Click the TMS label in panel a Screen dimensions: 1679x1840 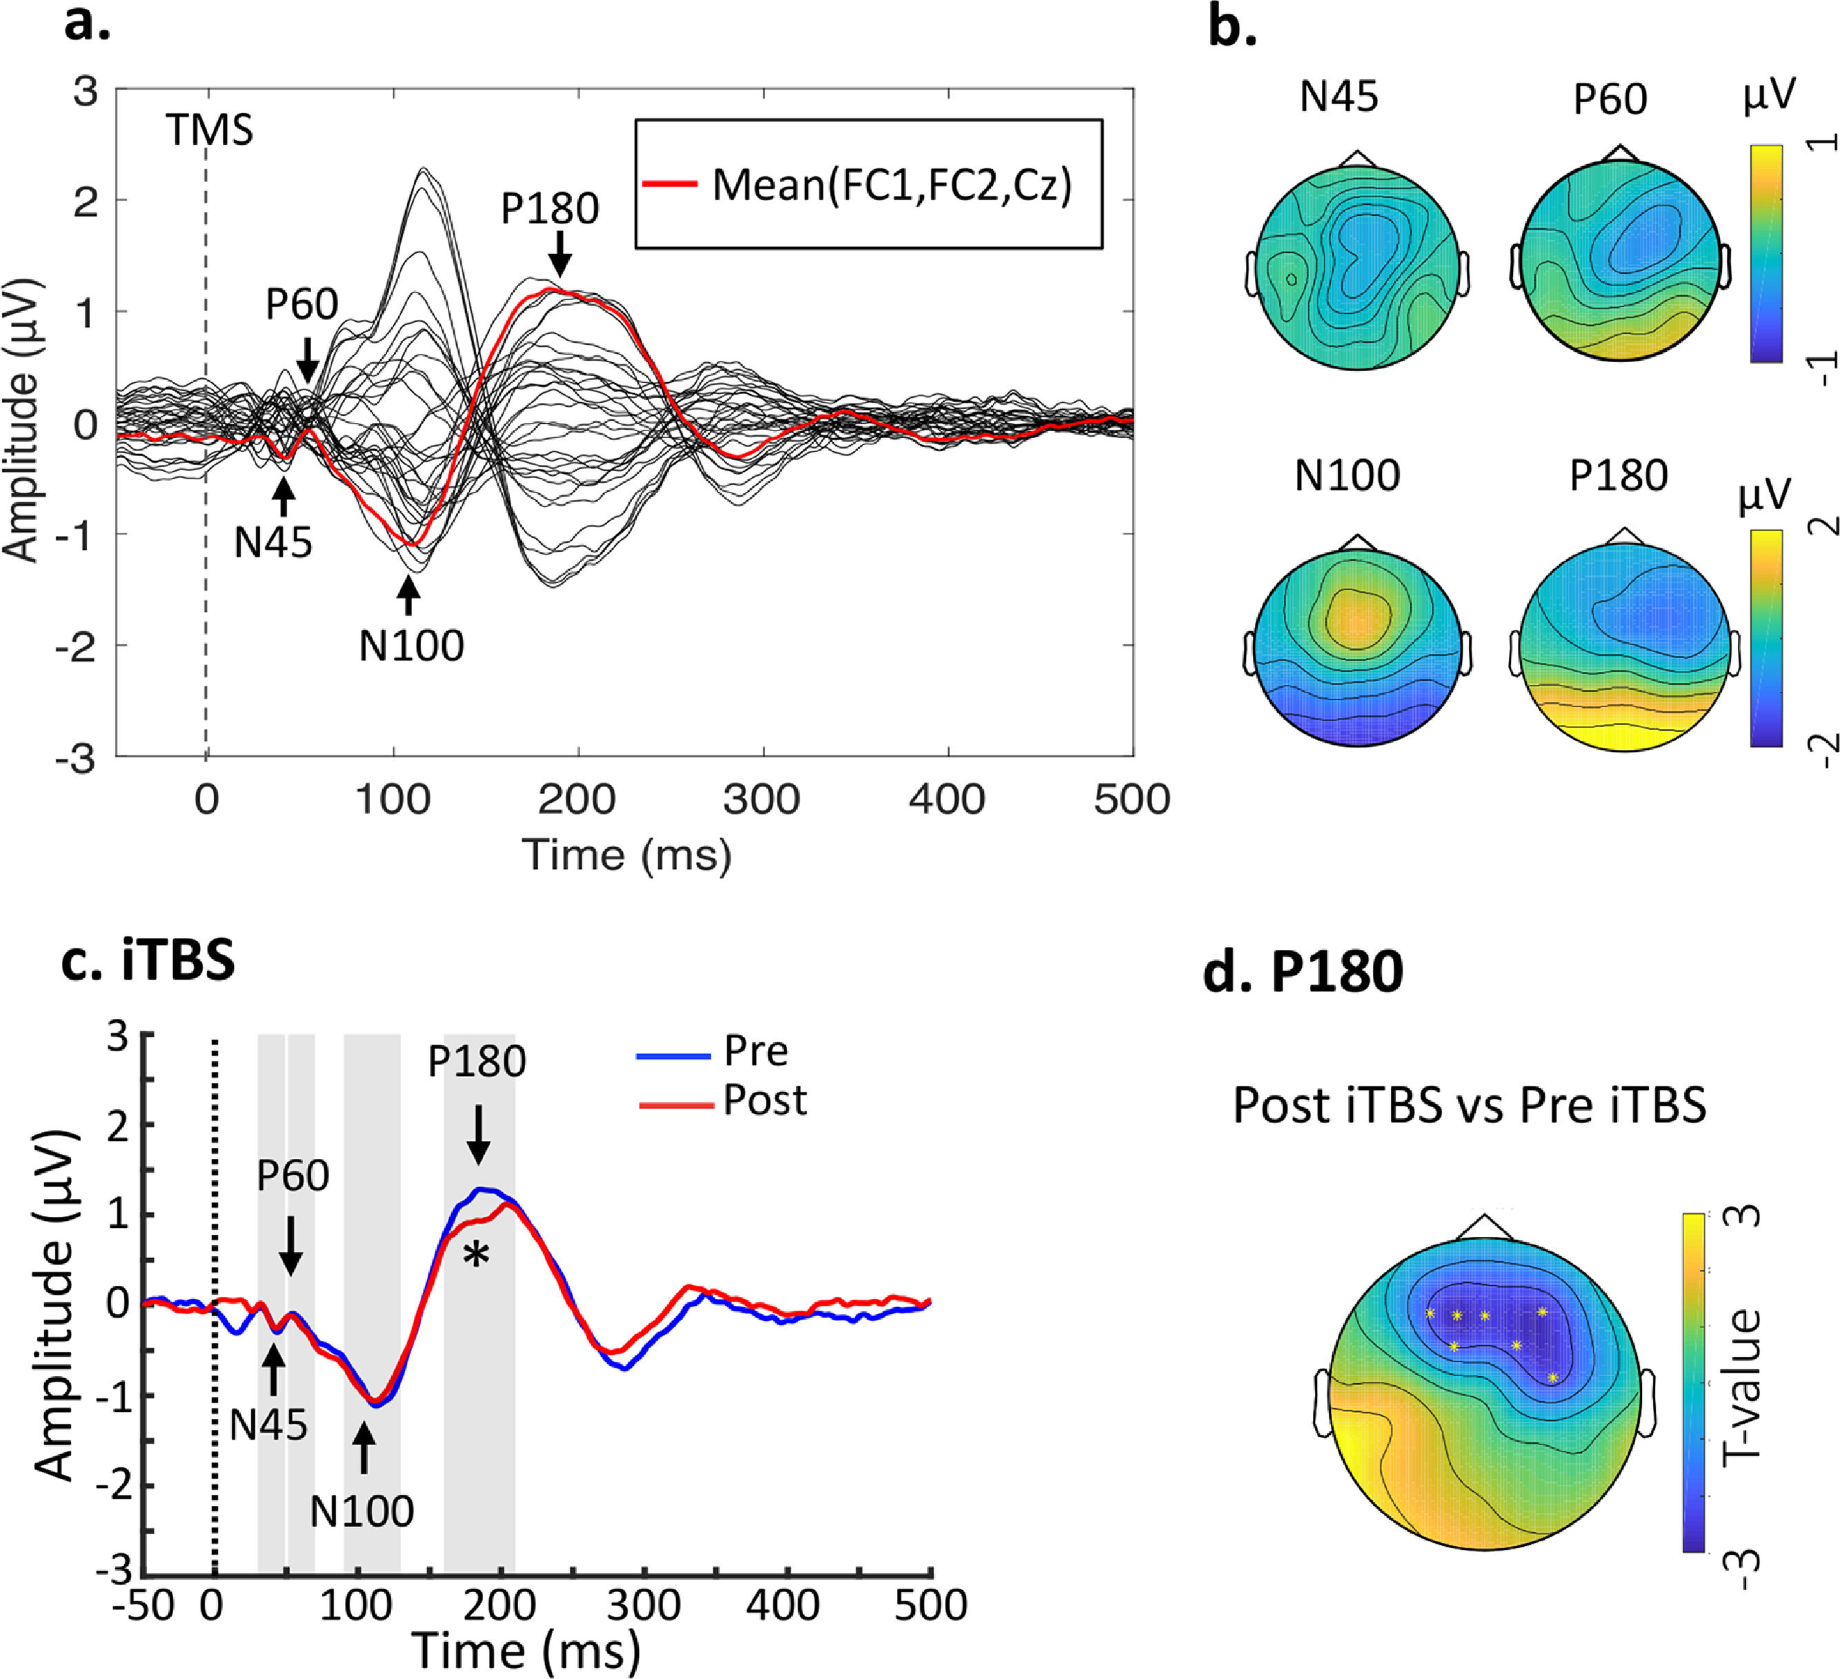(209, 130)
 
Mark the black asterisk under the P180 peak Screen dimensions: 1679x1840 (475, 1258)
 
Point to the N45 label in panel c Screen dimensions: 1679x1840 (268, 1425)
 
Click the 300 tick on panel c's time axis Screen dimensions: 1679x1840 (645, 1605)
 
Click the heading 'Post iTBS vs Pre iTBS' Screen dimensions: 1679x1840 (1469, 1106)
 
